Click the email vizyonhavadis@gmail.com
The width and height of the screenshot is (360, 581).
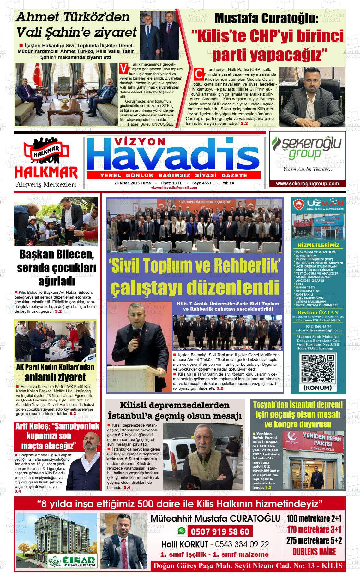tap(174, 187)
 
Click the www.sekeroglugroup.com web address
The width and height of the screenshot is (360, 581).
tap(307, 184)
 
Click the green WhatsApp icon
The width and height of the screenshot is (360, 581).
tap(181, 531)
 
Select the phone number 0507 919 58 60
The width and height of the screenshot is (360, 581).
tap(220, 532)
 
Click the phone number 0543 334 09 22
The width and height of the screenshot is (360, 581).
tap(242, 544)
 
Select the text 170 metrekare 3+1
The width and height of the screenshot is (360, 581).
tap(314, 529)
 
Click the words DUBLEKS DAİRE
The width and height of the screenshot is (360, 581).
tap(314, 551)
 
